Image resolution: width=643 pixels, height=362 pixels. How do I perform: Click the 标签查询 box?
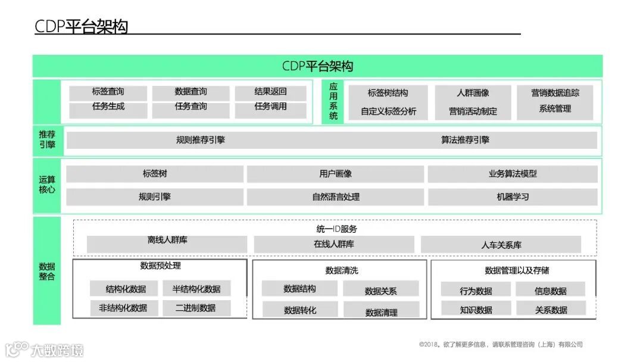click(x=108, y=92)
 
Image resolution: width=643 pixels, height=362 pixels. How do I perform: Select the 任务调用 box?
click(x=270, y=107)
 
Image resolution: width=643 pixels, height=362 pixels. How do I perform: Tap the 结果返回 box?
click(x=270, y=92)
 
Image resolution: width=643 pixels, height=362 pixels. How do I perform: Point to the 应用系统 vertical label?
click(x=333, y=101)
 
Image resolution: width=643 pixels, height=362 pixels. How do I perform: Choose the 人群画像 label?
click(x=473, y=93)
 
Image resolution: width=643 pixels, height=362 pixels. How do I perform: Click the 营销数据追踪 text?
click(x=555, y=93)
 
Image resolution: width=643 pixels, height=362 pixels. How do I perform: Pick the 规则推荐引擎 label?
click(x=201, y=141)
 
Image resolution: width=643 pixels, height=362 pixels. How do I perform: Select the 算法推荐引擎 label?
click(x=465, y=141)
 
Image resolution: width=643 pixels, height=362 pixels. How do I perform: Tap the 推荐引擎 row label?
click(x=47, y=140)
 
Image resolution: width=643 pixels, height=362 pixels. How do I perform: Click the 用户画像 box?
click(x=335, y=174)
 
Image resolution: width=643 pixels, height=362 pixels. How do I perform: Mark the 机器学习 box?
click(x=513, y=197)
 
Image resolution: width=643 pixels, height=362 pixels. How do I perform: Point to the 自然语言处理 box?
click(x=335, y=197)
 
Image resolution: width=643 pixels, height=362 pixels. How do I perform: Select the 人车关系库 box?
click(x=501, y=245)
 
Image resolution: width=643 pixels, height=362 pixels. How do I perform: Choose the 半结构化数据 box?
click(x=196, y=289)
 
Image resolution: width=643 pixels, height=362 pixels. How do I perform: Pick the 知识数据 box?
click(x=476, y=310)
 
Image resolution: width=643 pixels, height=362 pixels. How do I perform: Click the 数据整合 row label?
click(x=46, y=271)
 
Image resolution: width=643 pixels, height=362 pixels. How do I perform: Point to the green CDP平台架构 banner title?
click(x=317, y=66)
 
